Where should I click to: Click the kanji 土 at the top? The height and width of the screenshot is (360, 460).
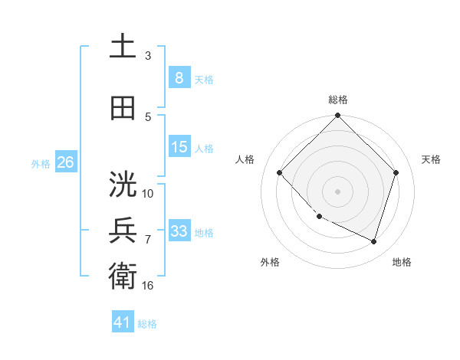coord(123,47)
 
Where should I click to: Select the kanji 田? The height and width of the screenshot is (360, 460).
coord(123,108)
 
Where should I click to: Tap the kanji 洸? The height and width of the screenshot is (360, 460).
coord(123,185)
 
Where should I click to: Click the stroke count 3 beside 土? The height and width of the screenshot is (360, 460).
coord(148,56)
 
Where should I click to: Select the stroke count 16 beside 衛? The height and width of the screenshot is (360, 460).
coord(148,286)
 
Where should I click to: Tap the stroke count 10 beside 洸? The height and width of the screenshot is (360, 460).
coord(148,194)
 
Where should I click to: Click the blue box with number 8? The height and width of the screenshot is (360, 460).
coord(179,77)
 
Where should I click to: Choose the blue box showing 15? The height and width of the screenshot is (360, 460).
coord(179,146)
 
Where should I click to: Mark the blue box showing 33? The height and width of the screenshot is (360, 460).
coord(179,231)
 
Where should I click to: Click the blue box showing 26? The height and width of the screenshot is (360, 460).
coord(65,162)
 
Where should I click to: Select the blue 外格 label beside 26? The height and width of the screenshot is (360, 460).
coord(40,163)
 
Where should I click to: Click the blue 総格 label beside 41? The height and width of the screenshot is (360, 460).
coord(147,324)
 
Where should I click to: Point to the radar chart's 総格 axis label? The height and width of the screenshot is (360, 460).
coord(338,100)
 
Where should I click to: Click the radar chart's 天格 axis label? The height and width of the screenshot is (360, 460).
coord(432,159)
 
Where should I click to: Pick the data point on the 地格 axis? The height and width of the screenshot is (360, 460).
coord(373,241)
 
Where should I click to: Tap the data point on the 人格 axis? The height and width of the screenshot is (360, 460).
coord(280,173)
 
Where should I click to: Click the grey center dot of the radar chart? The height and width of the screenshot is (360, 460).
coord(338,191)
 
